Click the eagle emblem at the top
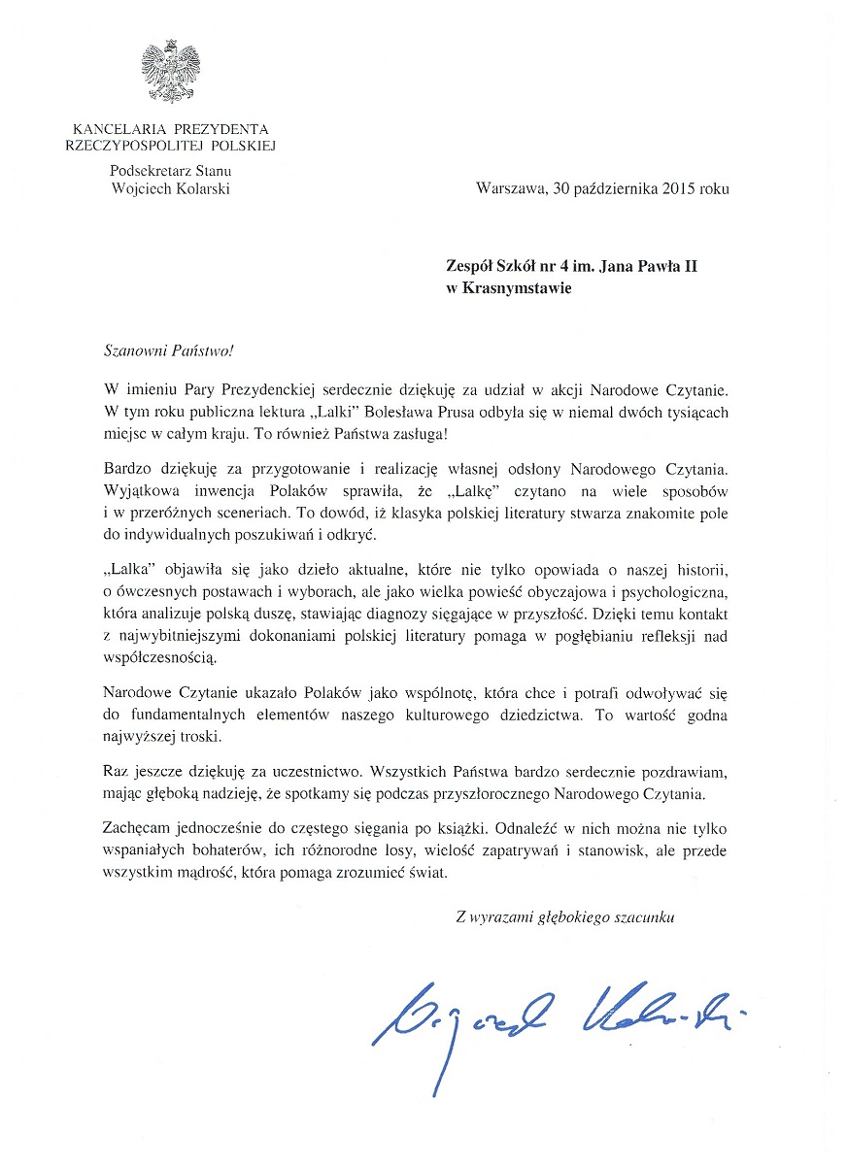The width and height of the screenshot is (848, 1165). [171, 74]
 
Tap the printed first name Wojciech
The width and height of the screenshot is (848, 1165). [140, 188]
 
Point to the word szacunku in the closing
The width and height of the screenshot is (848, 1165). [643, 916]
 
